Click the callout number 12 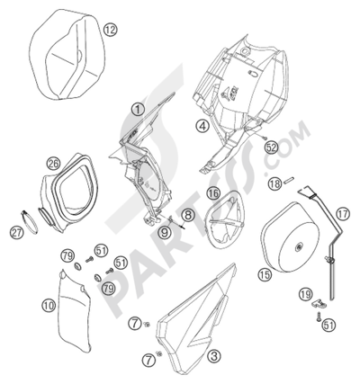point(109,30)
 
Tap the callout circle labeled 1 point(138,110)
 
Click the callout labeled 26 point(55,163)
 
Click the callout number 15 point(264,275)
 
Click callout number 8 point(187,214)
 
